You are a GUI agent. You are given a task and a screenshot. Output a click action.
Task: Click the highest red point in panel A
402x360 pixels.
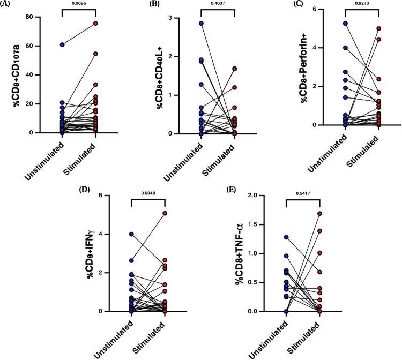click(x=95, y=24)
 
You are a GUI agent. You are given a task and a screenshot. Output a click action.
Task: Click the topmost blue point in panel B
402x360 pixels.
click(x=201, y=24)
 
